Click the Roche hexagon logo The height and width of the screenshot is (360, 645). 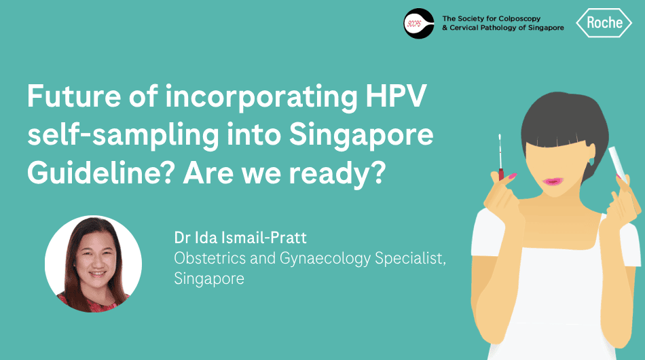pos(604,22)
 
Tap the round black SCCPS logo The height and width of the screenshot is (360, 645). pos(419,24)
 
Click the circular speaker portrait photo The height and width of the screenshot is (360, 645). pos(94,264)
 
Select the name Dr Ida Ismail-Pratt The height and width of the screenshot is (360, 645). pos(240,238)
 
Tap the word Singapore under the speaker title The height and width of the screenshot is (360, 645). pos(209,279)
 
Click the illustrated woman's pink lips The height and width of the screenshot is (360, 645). pos(551,181)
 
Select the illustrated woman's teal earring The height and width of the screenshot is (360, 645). pos(591,161)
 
